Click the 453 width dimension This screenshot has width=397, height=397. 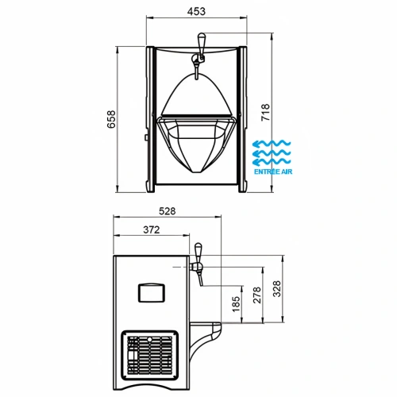[x=196, y=11]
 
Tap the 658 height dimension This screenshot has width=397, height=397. [x=111, y=119]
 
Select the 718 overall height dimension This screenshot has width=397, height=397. [x=265, y=113]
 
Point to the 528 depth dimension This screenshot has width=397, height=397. [x=168, y=211]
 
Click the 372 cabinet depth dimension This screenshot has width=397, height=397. [x=152, y=229]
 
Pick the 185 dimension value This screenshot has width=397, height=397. [x=236, y=304]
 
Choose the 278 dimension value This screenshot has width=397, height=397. [x=256, y=295]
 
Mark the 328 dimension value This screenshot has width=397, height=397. [x=276, y=289]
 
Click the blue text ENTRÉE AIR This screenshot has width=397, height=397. [x=273, y=172]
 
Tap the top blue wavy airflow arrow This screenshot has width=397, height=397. [x=272, y=144]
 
